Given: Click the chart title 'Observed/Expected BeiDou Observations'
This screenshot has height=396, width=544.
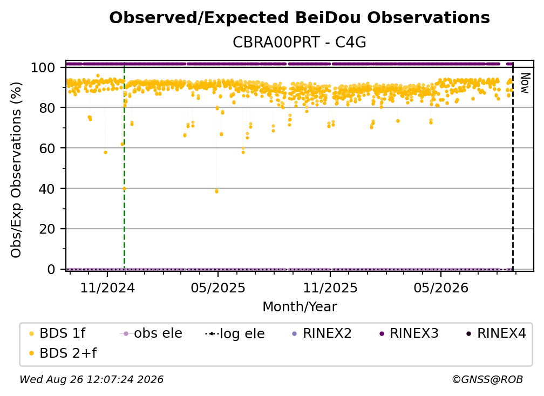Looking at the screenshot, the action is (x=300, y=18).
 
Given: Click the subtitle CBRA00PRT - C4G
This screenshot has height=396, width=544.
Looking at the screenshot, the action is (x=300, y=43).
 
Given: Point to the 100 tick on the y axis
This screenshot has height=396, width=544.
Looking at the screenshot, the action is (x=43, y=67).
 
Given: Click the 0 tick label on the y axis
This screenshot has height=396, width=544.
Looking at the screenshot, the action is (x=51, y=269).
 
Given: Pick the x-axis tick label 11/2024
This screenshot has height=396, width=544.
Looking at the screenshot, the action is (x=107, y=288).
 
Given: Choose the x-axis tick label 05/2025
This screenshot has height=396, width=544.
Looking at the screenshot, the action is (x=218, y=288).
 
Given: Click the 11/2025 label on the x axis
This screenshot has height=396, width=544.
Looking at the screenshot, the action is (x=330, y=288).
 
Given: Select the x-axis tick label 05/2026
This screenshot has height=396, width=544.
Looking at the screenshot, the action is (x=441, y=288).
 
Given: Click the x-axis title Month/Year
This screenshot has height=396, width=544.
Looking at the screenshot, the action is (x=300, y=307).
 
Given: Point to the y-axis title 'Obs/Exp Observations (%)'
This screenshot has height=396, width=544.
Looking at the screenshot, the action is (x=16, y=170).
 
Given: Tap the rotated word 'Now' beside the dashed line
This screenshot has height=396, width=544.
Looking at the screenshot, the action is (x=525, y=83).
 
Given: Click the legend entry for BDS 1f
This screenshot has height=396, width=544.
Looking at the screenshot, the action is (x=57, y=333).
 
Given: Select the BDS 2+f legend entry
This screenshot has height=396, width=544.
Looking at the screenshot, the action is (x=63, y=353).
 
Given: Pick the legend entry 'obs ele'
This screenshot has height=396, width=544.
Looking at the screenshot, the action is (x=151, y=333).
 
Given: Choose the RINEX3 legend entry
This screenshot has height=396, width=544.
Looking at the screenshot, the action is (x=409, y=333).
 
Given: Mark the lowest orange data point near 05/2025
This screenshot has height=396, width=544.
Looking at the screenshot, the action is (x=217, y=192).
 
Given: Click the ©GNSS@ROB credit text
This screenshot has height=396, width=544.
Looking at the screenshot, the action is (x=487, y=380).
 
